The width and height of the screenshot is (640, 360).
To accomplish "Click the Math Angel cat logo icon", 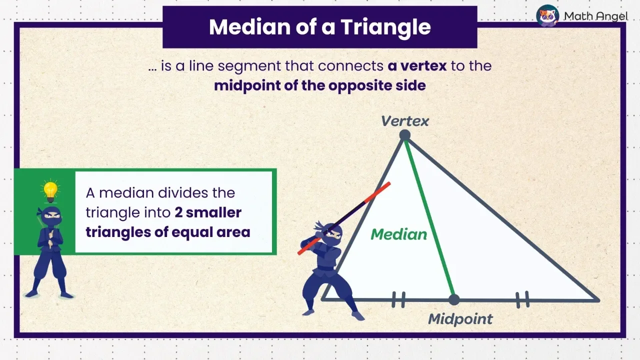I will point(547,16).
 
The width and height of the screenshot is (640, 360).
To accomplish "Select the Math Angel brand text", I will point(595,16).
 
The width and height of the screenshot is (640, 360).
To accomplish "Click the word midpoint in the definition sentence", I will point(244,85).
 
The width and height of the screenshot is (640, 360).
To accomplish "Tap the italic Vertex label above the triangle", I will point(405,121).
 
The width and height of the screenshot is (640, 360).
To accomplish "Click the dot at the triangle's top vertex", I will point(404,135).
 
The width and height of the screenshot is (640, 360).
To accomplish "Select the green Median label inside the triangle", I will point(399,234).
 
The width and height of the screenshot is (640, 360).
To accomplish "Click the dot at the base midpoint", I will point(453,299).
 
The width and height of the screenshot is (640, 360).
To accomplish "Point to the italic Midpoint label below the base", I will point(460,319).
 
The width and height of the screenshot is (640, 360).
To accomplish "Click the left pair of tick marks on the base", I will point(398,299).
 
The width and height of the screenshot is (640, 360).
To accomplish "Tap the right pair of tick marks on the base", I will point(522,300).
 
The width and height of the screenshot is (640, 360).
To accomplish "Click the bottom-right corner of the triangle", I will point(597,300).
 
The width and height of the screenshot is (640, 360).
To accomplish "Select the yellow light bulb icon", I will point(50,190).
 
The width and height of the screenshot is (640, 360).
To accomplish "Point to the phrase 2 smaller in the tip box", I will point(208,212).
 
